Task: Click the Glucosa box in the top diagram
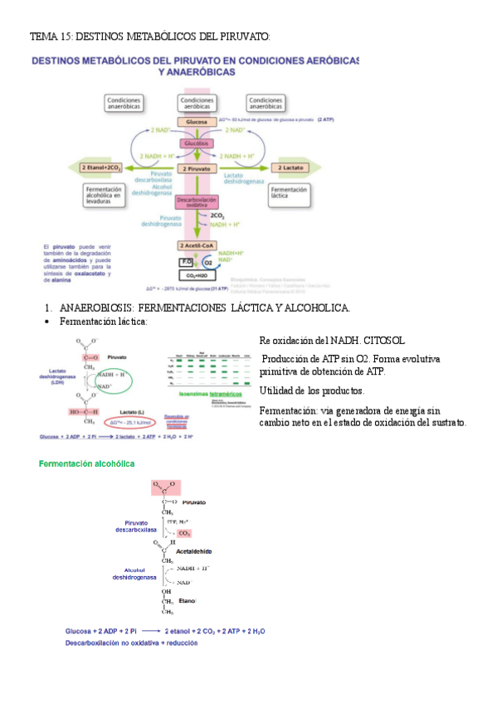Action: (197, 122)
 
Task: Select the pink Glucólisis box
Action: (197, 143)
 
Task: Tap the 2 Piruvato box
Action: (197, 168)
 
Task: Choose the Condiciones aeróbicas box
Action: (197, 103)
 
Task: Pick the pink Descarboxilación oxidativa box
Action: (197, 202)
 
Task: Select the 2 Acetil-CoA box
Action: (197, 245)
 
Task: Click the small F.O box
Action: (186, 261)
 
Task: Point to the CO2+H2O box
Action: (197, 274)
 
